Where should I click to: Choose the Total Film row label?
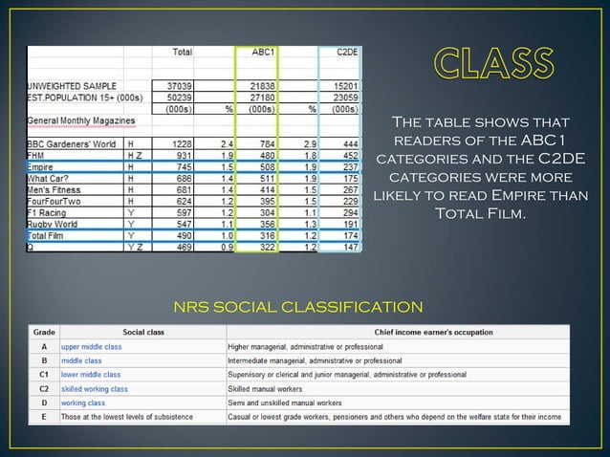click(x=48, y=234)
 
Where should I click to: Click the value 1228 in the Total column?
click(x=182, y=142)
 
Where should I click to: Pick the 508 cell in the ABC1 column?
click(x=264, y=164)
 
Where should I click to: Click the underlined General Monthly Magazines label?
click(x=79, y=120)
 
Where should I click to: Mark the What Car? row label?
click(x=49, y=177)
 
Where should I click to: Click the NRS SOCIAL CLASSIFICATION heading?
click(x=297, y=307)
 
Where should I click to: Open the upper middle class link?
click(x=92, y=346)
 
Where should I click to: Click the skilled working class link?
click(x=95, y=389)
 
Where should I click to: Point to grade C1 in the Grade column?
click(x=44, y=375)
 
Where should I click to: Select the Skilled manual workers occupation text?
click(x=265, y=389)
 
